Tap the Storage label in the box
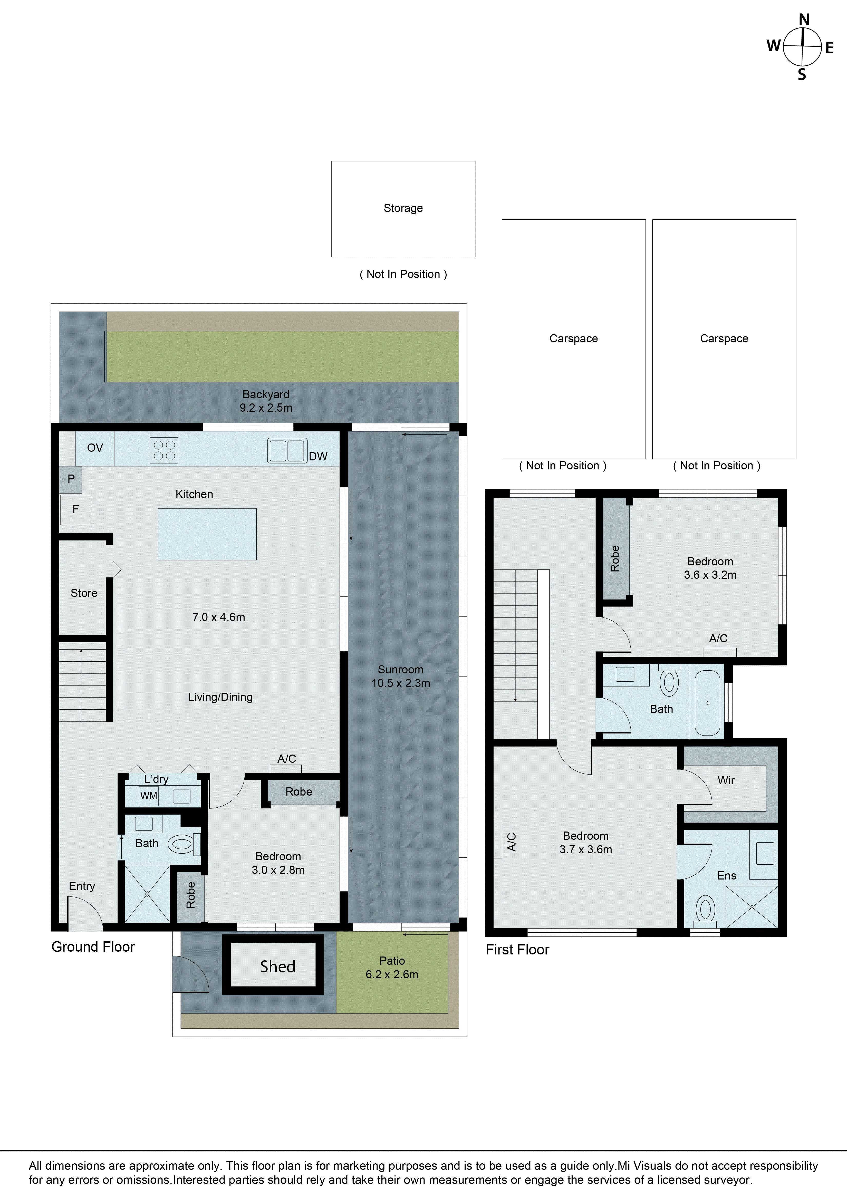click(403, 208)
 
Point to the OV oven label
click(95, 448)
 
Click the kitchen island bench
click(207, 534)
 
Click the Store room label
click(84, 593)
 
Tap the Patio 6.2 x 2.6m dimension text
click(392, 974)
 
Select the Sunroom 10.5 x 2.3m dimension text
click(401, 683)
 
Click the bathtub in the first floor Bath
click(708, 703)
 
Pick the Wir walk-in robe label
click(726, 781)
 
